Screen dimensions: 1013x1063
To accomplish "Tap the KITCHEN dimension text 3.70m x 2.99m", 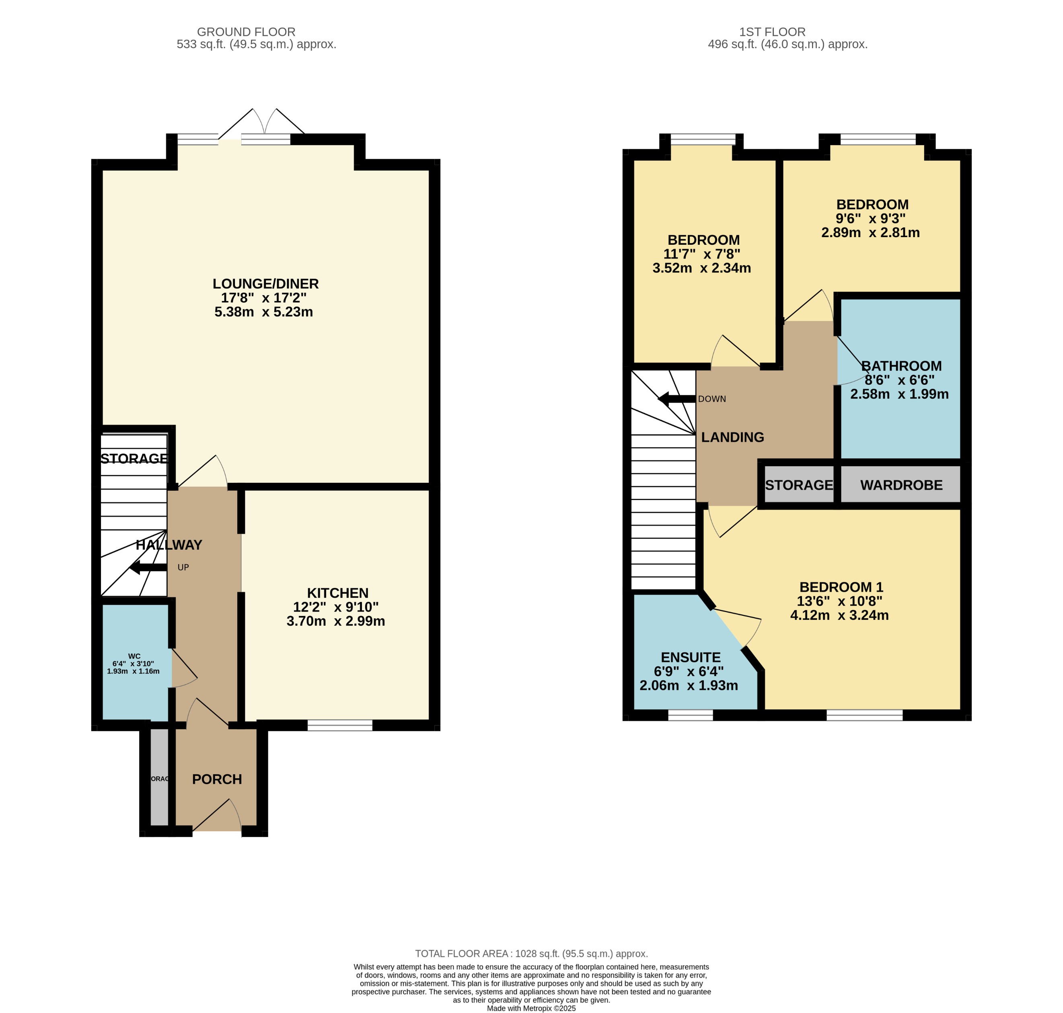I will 335,621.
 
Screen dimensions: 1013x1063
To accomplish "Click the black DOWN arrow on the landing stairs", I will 676,400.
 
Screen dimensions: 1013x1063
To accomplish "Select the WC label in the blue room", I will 134,656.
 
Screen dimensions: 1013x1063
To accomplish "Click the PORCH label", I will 217,779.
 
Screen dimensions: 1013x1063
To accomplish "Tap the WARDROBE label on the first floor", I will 901,485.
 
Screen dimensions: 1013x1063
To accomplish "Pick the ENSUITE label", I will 690,657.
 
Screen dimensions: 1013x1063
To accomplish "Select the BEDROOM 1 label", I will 841,587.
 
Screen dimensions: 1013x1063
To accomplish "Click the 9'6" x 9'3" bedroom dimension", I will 870,219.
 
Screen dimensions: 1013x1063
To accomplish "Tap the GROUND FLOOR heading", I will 246,32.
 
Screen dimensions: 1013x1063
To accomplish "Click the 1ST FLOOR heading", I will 772,32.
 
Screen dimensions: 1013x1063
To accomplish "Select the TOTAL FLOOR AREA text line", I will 531,954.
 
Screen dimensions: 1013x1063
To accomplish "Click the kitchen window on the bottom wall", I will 340,725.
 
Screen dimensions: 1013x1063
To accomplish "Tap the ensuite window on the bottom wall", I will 690,715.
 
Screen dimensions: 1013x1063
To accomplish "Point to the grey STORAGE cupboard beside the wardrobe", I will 798,485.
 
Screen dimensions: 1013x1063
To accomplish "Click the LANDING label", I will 732,437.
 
